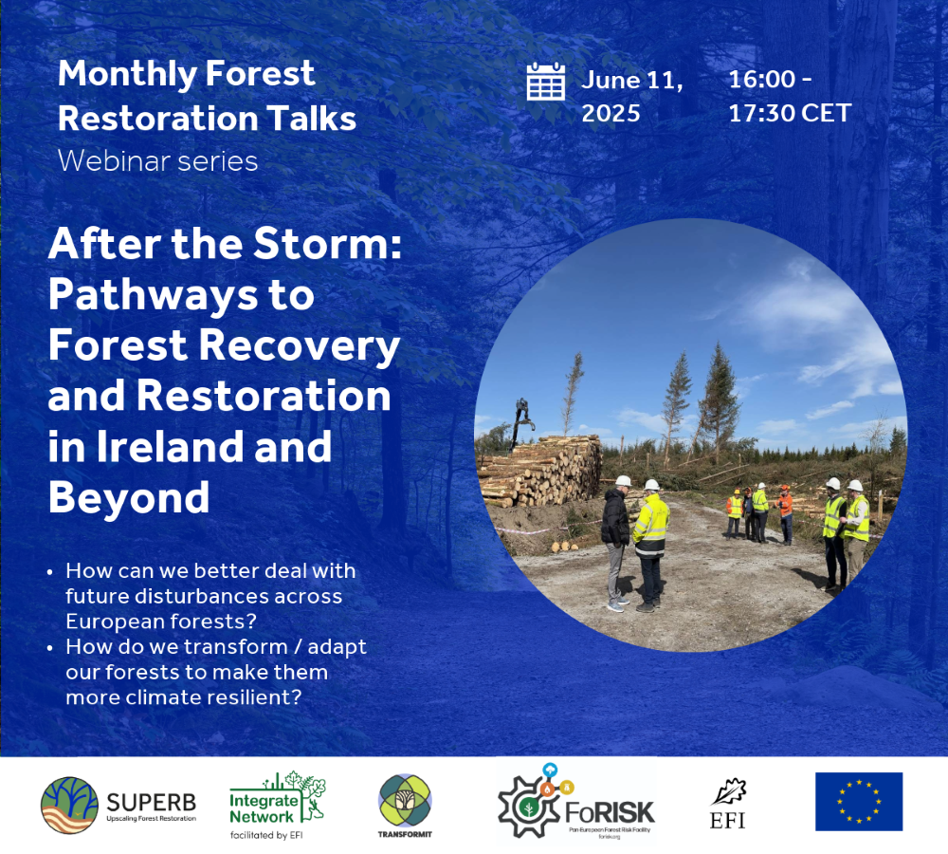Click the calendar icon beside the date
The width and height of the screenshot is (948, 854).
coord(545,82)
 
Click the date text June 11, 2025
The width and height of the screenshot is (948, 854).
coord(631,97)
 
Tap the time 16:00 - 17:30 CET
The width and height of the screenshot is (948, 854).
coord(789,97)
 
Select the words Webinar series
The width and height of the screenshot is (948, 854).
coord(157,160)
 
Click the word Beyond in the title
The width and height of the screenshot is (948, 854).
coord(129,497)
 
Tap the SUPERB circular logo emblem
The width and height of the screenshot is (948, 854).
coord(69,805)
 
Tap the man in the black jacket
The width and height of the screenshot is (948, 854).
coord(615,542)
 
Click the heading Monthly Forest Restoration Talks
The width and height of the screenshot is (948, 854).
coord(207,96)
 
